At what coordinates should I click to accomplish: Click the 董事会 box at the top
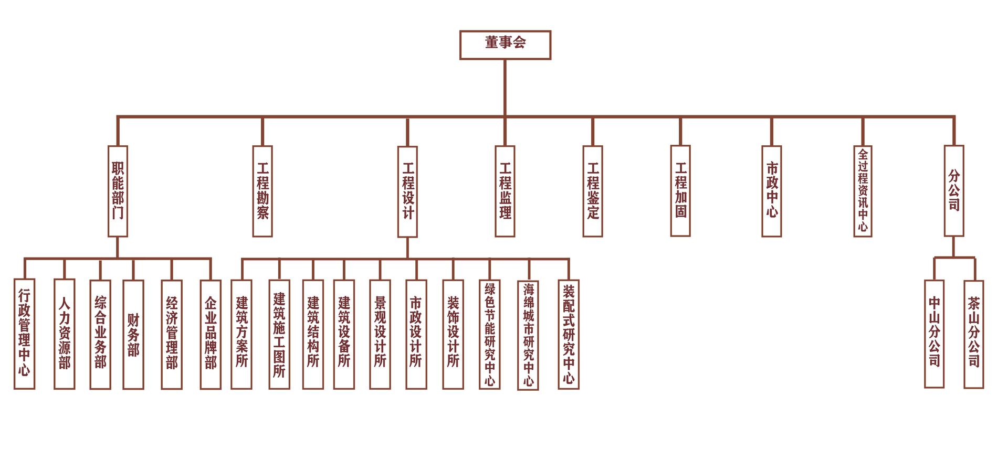coord(505,45)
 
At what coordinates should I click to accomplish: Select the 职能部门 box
coord(118,191)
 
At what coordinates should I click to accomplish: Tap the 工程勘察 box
coord(262,191)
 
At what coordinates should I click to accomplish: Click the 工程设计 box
coord(407,191)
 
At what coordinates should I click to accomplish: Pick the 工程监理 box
coord(505,191)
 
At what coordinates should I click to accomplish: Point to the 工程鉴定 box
coord(593,191)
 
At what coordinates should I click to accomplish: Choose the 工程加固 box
coord(680,191)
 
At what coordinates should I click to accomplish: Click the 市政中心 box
coord(771,191)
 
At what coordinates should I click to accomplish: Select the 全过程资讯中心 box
coord(863,191)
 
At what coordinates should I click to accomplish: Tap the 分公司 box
coord(953,191)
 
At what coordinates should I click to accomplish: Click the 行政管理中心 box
coord(24,334)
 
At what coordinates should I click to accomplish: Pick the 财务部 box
coord(133,334)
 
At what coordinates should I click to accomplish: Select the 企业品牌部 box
coord(211,334)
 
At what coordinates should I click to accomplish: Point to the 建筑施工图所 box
coord(279,334)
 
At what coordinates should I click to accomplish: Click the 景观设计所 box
coord(380,334)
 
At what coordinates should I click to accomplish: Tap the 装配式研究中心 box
coord(569,334)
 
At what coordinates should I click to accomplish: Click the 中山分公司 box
coord(934,334)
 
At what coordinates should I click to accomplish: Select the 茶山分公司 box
coord(973,334)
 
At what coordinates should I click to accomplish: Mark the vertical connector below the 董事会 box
coord(505,87)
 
